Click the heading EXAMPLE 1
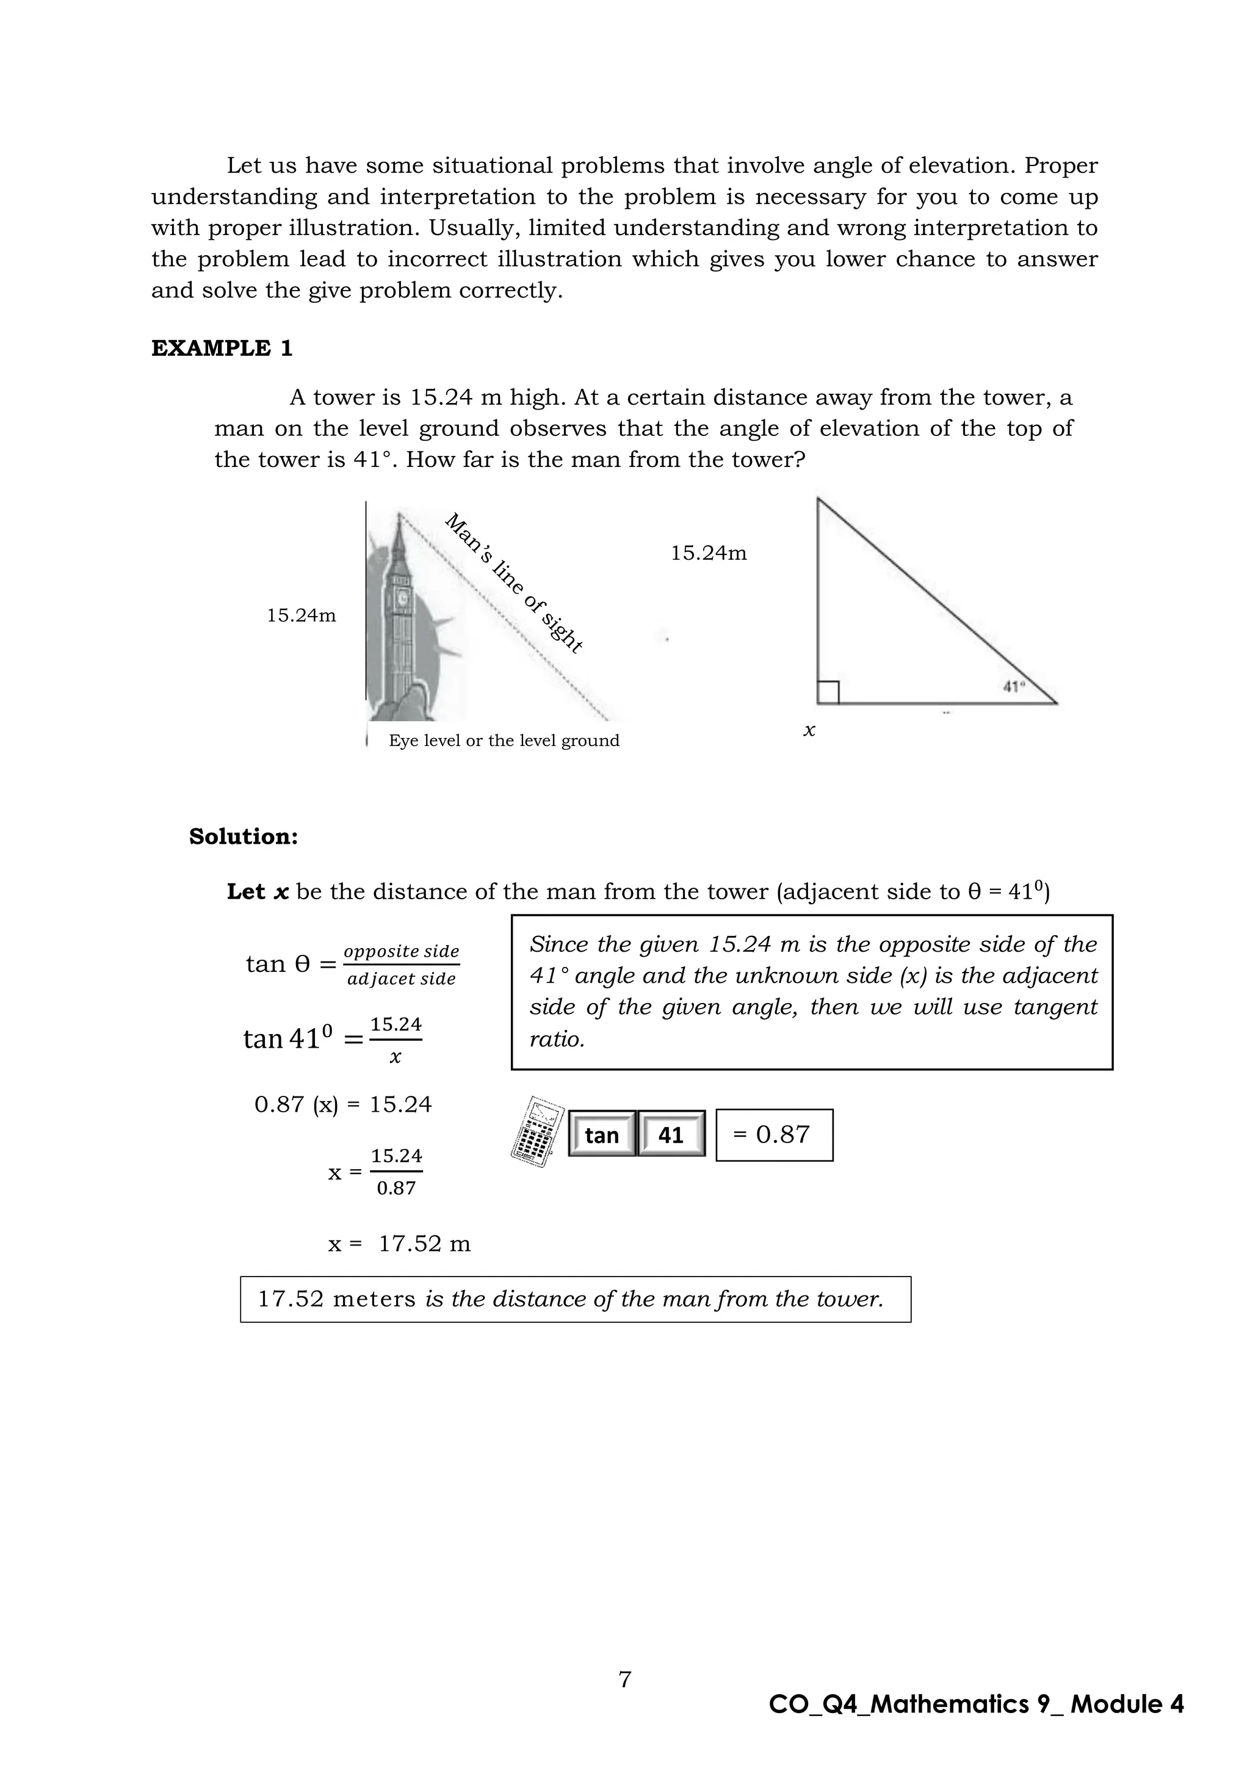[222, 348]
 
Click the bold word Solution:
[244, 836]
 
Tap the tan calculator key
[602, 1134]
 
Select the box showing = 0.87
[773, 1134]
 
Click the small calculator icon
[537, 1132]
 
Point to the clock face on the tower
[401, 598]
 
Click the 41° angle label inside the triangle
[1014, 686]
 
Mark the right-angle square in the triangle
[828, 692]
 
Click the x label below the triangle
[809, 730]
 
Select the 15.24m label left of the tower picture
[301, 616]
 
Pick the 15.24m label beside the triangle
[708, 554]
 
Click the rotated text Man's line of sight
[514, 583]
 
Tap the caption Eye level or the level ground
[504, 741]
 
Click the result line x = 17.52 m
[399, 1244]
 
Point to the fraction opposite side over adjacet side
[401, 965]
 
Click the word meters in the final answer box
[374, 1300]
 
